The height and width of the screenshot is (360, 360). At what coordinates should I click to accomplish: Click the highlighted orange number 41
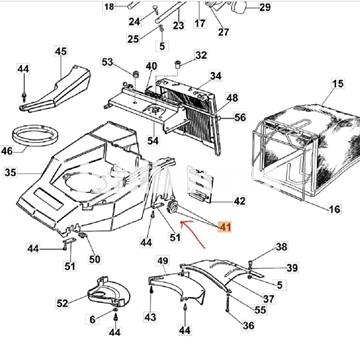click(225, 227)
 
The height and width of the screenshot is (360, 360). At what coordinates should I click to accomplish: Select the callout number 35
click(11, 173)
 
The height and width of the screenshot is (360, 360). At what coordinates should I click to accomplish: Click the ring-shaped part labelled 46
click(35, 136)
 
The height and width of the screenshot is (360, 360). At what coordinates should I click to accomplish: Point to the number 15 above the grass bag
click(337, 83)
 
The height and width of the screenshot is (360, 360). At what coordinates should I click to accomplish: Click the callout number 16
click(334, 209)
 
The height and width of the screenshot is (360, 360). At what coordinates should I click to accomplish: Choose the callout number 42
click(240, 201)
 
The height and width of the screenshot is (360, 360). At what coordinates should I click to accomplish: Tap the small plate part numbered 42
click(199, 185)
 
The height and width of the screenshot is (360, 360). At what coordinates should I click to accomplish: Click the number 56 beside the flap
click(240, 118)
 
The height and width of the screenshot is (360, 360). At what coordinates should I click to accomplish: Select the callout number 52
click(62, 303)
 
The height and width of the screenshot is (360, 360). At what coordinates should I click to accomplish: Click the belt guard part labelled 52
click(109, 291)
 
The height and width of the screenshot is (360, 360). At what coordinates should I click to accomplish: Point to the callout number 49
click(163, 262)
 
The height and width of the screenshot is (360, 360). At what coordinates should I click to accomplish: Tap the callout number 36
click(248, 325)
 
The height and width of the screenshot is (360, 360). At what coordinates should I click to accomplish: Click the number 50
click(95, 259)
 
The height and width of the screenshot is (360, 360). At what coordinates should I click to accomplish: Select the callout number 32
click(201, 55)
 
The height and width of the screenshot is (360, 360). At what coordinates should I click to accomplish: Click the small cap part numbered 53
click(136, 74)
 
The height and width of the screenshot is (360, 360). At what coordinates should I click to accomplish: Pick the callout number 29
click(265, 7)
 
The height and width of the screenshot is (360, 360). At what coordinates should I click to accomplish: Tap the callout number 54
click(153, 141)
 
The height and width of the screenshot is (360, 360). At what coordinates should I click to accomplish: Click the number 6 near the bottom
click(92, 319)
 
